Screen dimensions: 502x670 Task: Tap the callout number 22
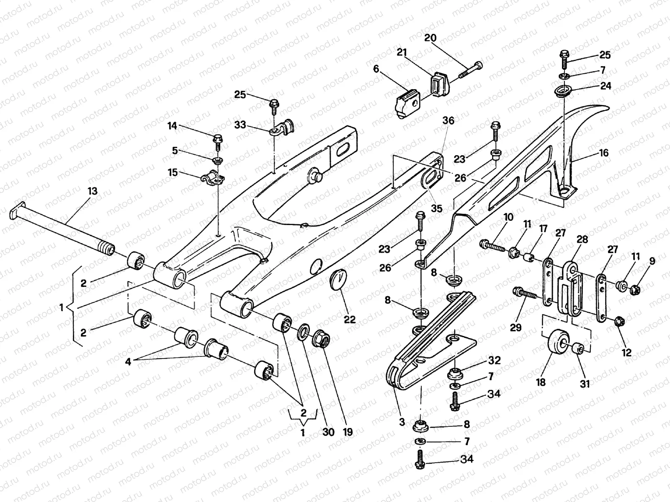point(350,320)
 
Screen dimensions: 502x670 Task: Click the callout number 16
point(603,153)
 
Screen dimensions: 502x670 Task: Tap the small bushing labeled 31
point(580,348)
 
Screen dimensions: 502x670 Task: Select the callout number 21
point(402,52)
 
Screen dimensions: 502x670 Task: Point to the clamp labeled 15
point(212,178)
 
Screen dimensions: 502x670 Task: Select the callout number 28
point(582,239)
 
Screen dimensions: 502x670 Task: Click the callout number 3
point(402,422)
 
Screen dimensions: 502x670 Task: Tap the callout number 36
point(448,120)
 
